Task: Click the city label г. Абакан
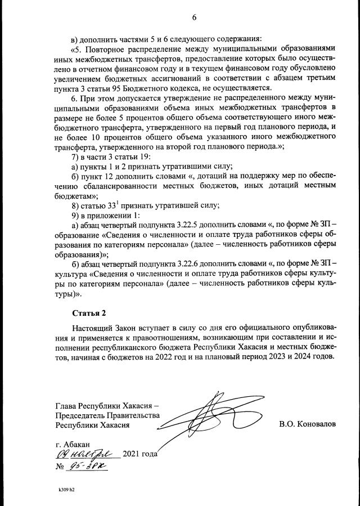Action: click(x=73, y=444)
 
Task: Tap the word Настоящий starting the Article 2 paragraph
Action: click(x=94, y=328)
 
